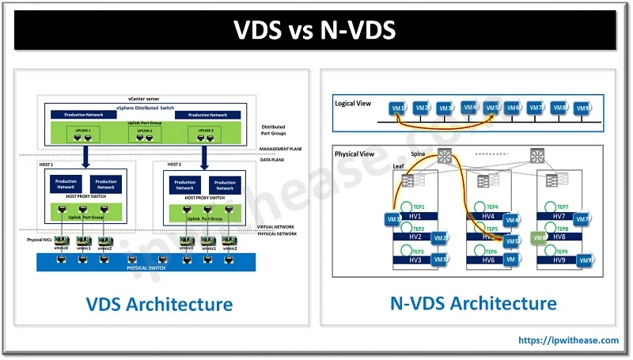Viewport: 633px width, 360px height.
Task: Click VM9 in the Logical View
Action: [583, 108]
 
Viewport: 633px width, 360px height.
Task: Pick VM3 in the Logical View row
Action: [445, 108]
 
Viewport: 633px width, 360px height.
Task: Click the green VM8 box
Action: [540, 236]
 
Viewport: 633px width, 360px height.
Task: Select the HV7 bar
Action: [559, 214]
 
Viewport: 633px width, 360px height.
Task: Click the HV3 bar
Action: [416, 259]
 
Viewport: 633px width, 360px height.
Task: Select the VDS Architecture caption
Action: [158, 304]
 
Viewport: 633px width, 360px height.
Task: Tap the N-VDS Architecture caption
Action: [473, 303]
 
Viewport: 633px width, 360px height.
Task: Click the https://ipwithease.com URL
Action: [568, 340]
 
